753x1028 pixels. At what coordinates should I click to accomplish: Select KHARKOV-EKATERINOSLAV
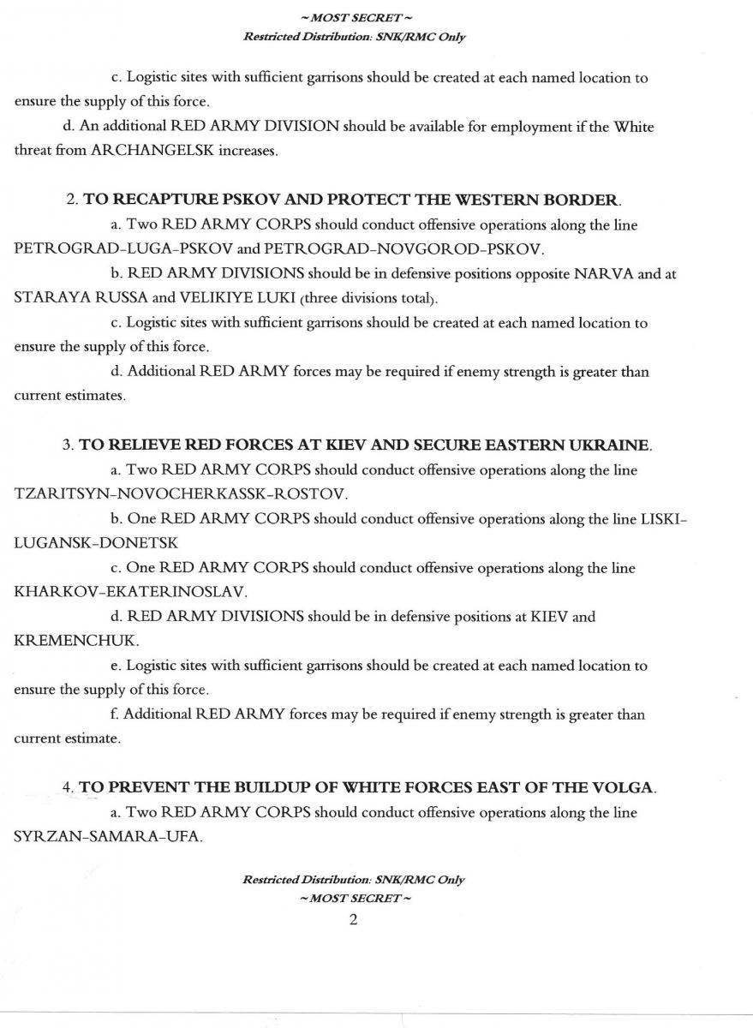(x=131, y=592)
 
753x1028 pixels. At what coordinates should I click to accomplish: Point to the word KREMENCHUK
(x=76, y=641)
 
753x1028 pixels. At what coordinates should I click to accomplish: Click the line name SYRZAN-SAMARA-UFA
(x=108, y=836)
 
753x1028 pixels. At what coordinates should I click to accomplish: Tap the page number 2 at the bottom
(x=353, y=920)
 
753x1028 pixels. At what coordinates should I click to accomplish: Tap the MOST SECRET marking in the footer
(x=354, y=898)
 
